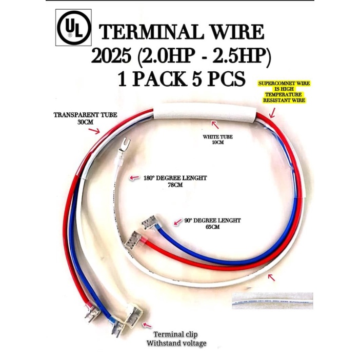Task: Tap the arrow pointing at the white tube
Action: click(216, 125)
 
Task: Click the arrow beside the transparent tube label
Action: click(95, 131)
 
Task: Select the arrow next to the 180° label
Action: click(134, 178)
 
